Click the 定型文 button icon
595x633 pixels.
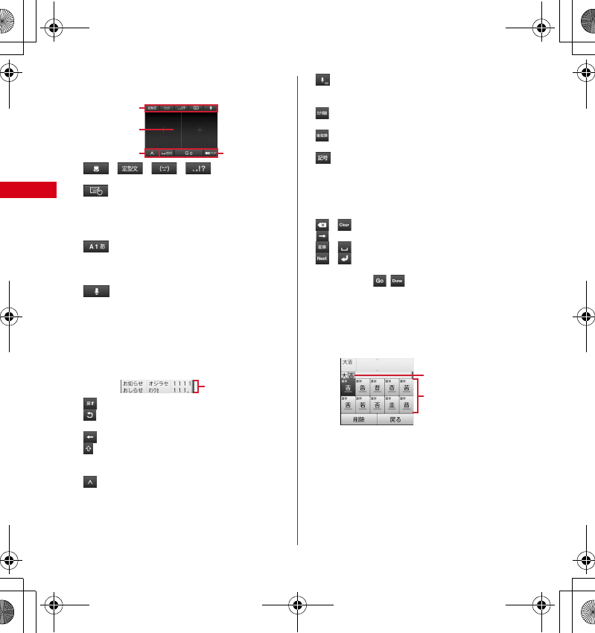pyautogui.click(x=130, y=169)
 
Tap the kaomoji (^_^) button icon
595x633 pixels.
pyautogui.click(x=164, y=169)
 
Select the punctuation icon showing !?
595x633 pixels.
pyautogui.click(x=198, y=169)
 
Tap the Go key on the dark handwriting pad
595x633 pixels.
pyautogui.click(x=189, y=153)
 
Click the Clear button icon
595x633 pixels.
pyautogui.click(x=344, y=224)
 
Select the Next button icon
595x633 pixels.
pyautogui.click(x=322, y=258)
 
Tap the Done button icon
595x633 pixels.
pyautogui.click(x=398, y=280)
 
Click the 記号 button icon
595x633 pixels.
pyautogui.click(x=322, y=158)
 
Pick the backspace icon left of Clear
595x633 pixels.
pyautogui.click(x=322, y=224)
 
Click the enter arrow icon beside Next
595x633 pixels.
pyautogui.click(x=344, y=258)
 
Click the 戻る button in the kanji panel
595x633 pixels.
pyautogui.click(x=395, y=419)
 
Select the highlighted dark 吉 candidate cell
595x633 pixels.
pyautogui.click(x=348, y=387)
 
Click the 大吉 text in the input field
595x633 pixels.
pyautogui.click(x=348, y=362)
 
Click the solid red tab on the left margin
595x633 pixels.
pyautogui.click(x=28, y=190)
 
